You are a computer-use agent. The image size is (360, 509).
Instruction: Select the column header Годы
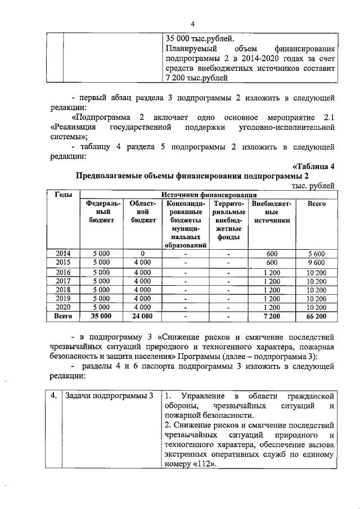pos(63,194)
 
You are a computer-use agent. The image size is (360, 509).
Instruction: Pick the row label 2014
pos(63,254)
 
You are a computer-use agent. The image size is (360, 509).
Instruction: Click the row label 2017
pos(63,281)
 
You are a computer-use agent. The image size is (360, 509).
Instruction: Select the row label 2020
pos(63,307)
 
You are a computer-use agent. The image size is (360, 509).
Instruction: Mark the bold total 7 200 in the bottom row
pos(272,317)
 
